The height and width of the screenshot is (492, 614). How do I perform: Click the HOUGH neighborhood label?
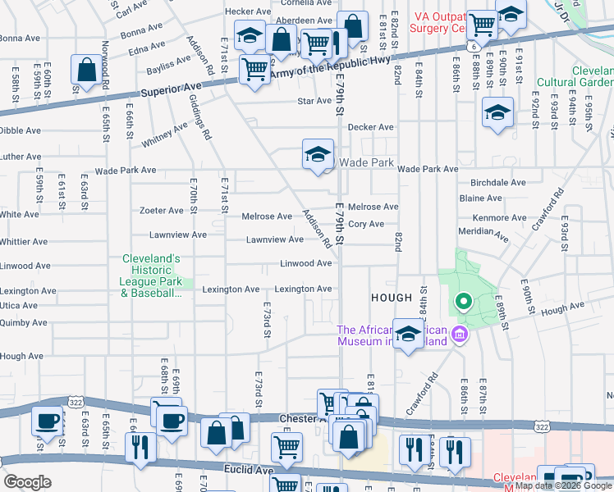click(x=396, y=298)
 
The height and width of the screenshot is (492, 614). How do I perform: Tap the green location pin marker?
click(x=463, y=303)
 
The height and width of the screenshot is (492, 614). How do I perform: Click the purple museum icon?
click(x=459, y=334)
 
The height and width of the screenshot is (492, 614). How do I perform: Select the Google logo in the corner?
click(x=27, y=482)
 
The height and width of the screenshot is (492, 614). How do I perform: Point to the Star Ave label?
click(x=314, y=102)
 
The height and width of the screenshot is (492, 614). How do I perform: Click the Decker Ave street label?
click(x=370, y=128)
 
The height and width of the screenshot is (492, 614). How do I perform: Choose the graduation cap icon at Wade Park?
click(x=318, y=155)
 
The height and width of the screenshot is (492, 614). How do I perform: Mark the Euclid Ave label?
click(x=251, y=471)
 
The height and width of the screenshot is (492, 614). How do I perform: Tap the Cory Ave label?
click(x=365, y=224)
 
